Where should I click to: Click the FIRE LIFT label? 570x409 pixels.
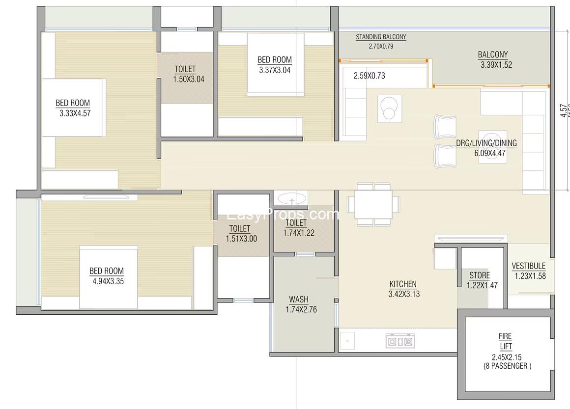[505, 341]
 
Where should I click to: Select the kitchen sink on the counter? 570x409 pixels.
[348, 340]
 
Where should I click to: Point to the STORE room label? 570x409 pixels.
[479, 275]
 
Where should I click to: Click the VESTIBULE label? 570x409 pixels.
[528, 266]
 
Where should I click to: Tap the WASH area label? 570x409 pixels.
[299, 300]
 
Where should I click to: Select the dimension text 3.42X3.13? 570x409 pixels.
[403, 294]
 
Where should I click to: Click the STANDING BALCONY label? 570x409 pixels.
[381, 37]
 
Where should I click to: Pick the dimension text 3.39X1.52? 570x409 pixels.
[496, 65]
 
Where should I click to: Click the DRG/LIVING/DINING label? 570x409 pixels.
[486, 143]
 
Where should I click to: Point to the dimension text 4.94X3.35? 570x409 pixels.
[108, 281]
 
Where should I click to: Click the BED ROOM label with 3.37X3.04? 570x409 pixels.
[275, 60]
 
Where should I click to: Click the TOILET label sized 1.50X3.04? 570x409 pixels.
[185, 69]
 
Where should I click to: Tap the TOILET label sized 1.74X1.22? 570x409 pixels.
[296, 223]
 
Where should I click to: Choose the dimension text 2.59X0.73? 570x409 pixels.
[369, 76]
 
